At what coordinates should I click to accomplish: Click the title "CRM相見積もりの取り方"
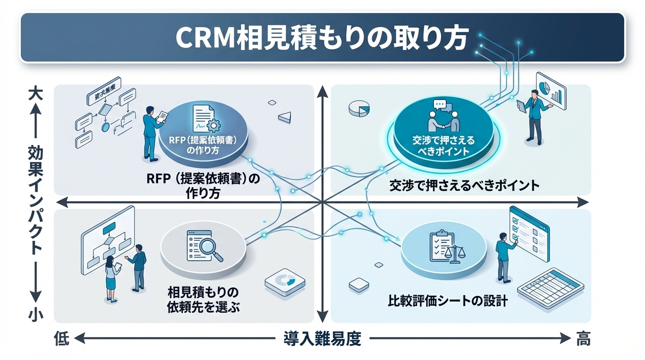[322, 38]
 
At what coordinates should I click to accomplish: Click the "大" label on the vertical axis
[36, 92]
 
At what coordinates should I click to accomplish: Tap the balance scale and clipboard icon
[444, 246]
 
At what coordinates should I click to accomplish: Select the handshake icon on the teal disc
[443, 117]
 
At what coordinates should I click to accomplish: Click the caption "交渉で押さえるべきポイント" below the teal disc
[464, 186]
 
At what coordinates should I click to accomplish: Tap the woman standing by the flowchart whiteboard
[112, 279]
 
